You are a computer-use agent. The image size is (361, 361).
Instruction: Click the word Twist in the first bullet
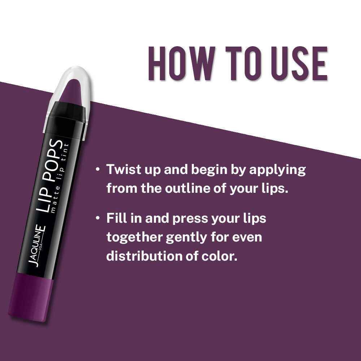[x=121, y=170]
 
